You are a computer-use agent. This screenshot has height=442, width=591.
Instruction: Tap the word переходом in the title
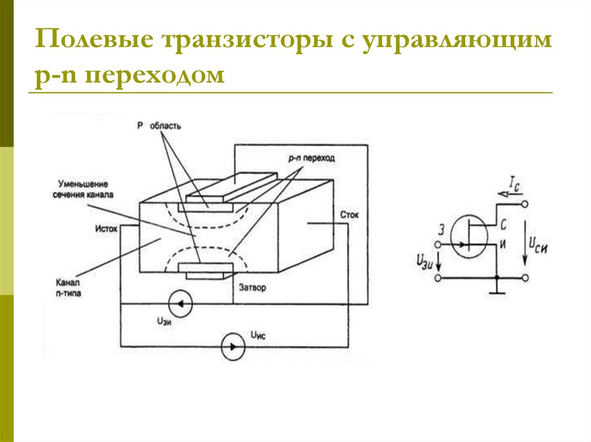[x=155, y=75]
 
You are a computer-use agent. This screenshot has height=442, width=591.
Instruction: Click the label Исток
[x=106, y=228]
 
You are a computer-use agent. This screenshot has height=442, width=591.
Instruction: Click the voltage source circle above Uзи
[x=179, y=304]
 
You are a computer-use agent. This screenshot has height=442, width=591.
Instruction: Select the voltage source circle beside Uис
[x=233, y=346]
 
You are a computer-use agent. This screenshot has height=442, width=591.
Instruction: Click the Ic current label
[x=515, y=183]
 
